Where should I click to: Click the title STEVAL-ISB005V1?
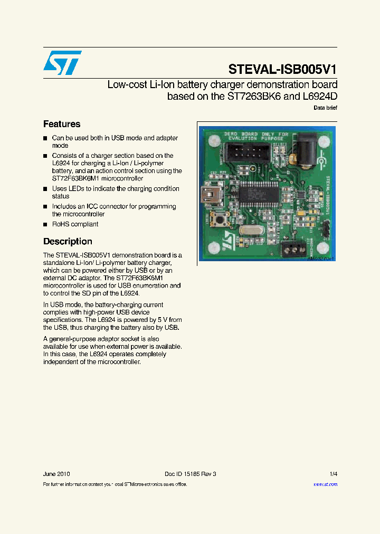pyautogui.click(x=282, y=69)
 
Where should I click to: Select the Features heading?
pyautogui.click(x=62, y=124)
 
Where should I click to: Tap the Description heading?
pyautogui.click(x=68, y=241)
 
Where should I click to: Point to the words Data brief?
pyautogui.click(x=325, y=108)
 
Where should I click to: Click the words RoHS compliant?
pyautogui.click(x=75, y=224)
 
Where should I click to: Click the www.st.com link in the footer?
pyautogui.click(x=325, y=484)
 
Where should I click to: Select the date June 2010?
pyautogui.click(x=56, y=474)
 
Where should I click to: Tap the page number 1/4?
pyautogui.click(x=332, y=474)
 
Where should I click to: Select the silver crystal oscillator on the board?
pyautogui.click(x=249, y=230)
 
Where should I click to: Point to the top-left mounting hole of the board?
pyautogui.click(x=214, y=141)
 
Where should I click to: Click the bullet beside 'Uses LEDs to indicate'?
pyautogui.click(x=45, y=189)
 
